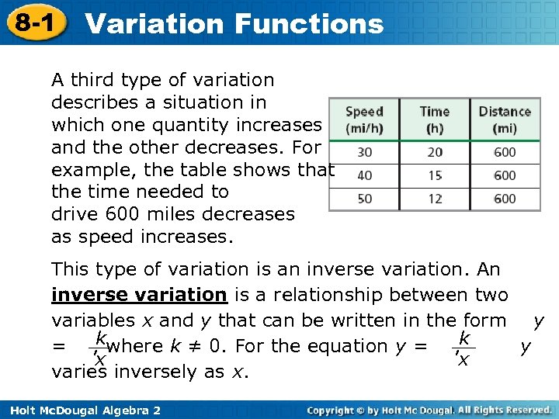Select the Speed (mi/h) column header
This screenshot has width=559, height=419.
pyautogui.click(x=364, y=119)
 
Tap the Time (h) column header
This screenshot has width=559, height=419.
pyautogui.click(x=435, y=119)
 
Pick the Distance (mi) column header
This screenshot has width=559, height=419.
pyautogui.click(x=505, y=119)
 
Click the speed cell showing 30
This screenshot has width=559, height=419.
pyautogui.click(x=364, y=153)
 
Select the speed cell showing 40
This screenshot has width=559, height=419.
pyautogui.click(x=364, y=176)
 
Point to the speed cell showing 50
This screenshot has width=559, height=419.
pyautogui.click(x=364, y=199)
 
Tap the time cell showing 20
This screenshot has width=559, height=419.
pyautogui.click(x=435, y=153)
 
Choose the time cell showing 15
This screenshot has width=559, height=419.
pyautogui.click(x=435, y=176)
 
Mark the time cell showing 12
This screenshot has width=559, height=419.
pyautogui.click(x=435, y=199)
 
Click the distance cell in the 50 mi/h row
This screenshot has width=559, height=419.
pyautogui.click(x=505, y=199)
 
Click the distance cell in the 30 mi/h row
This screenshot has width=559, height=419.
pyautogui.click(x=505, y=153)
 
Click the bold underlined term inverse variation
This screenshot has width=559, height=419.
pyautogui.click(x=139, y=296)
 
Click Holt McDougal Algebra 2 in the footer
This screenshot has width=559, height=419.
pyautogui.click(x=82, y=409)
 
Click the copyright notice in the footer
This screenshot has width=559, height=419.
pyautogui.click(x=429, y=409)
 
